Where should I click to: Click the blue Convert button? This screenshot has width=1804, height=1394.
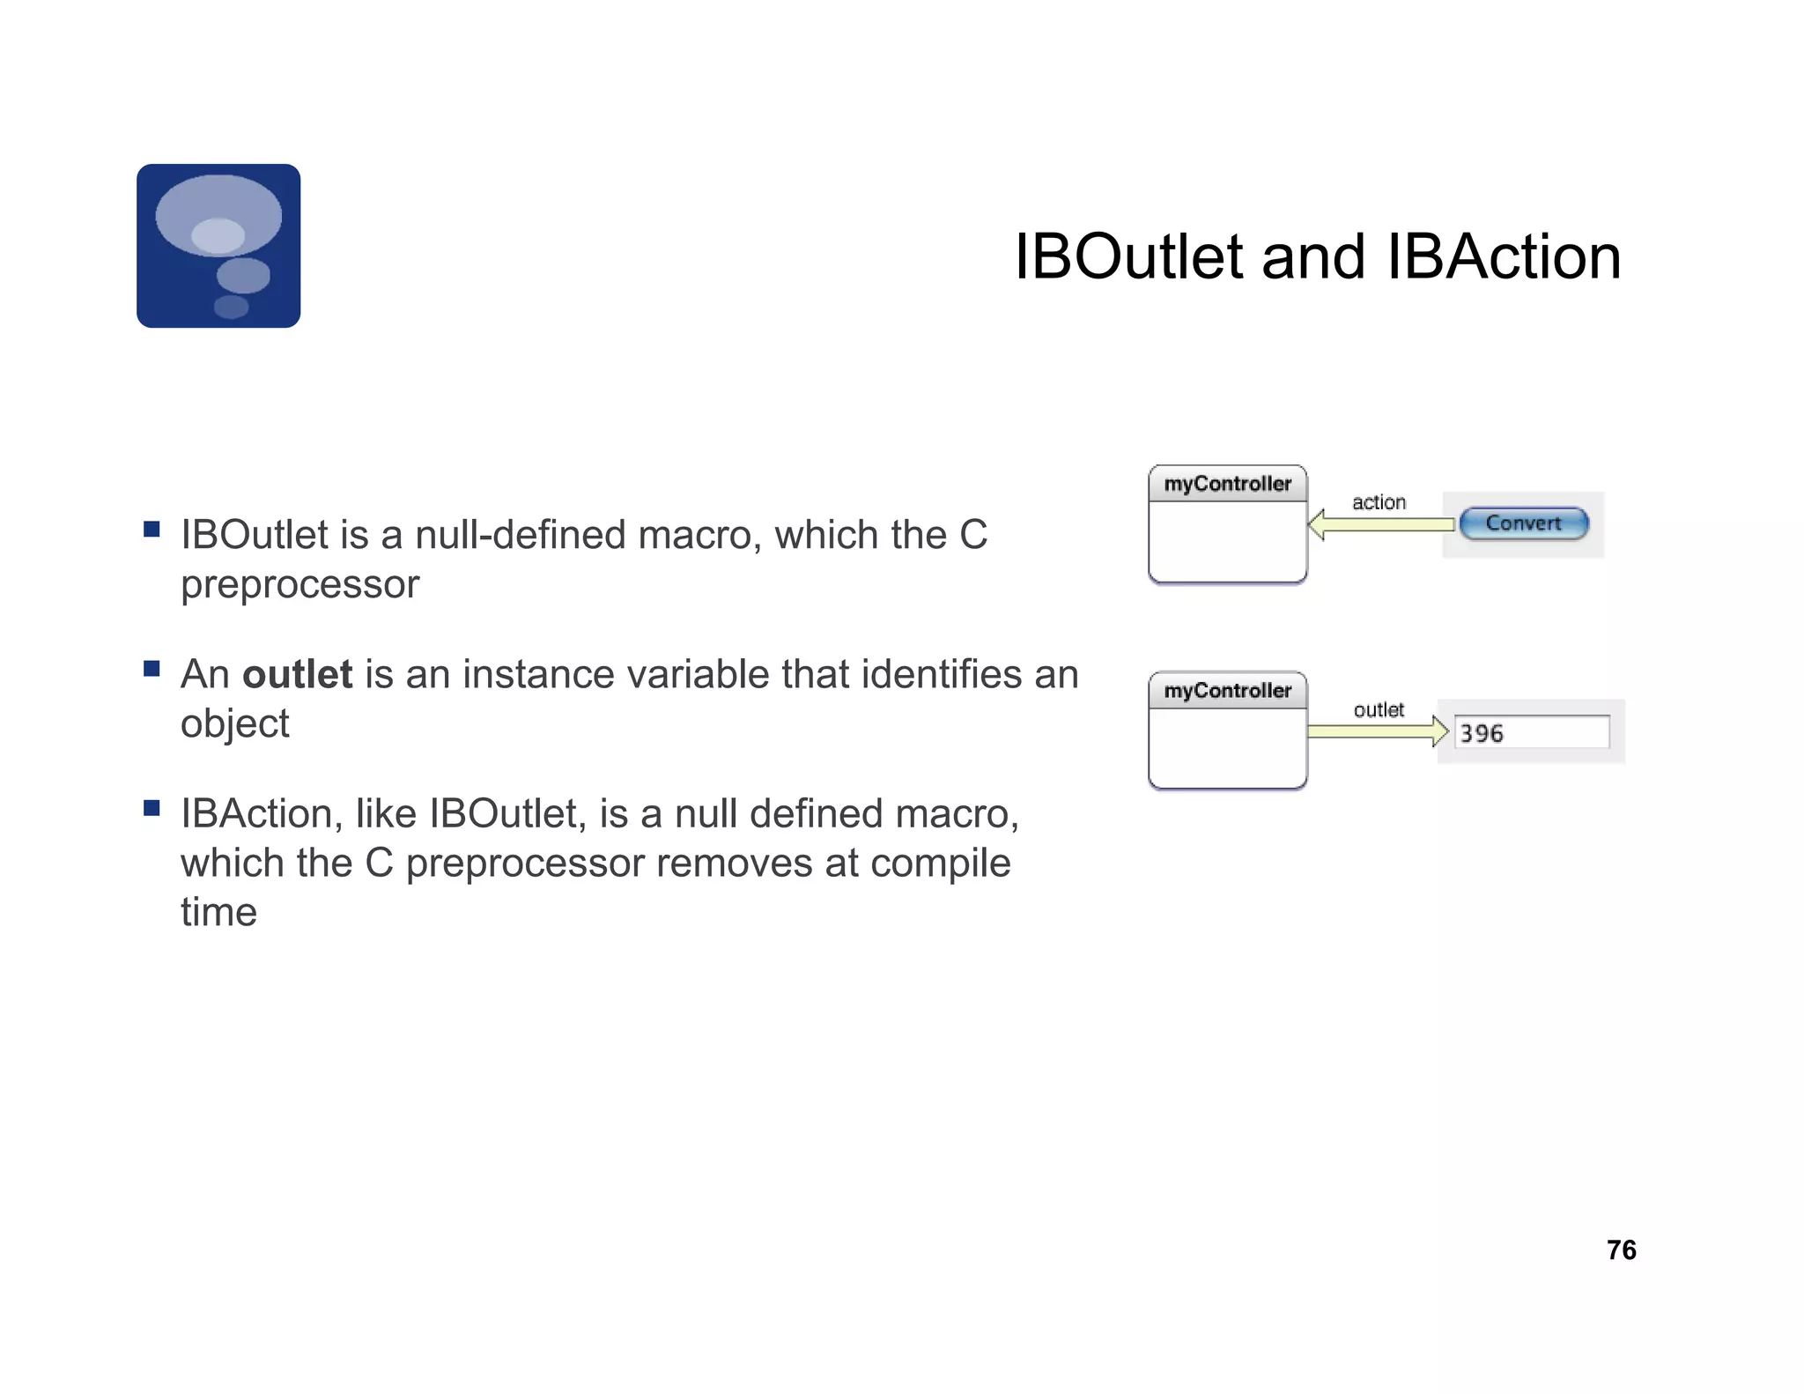click(x=1523, y=523)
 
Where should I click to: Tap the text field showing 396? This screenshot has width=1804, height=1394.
click(x=1531, y=732)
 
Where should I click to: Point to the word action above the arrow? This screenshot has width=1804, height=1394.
click(x=1379, y=502)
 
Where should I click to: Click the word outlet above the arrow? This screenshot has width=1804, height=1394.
click(x=1379, y=710)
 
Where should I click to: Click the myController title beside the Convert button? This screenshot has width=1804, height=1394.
click(x=1227, y=484)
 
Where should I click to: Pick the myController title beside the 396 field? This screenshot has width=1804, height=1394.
click(x=1227, y=691)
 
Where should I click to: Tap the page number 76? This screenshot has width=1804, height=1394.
click(x=1621, y=1249)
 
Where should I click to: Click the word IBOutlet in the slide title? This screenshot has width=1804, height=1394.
click(x=1128, y=257)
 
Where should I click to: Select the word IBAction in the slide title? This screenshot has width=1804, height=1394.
click(x=1503, y=257)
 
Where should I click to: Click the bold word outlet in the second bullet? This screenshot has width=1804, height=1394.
click(x=297, y=674)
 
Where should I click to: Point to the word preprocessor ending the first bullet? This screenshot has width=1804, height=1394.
click(x=299, y=585)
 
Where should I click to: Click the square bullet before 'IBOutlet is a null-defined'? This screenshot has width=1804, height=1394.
click(x=152, y=529)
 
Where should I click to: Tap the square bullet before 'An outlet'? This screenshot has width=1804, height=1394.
click(x=152, y=669)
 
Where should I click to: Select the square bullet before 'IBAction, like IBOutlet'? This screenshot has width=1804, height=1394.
click(x=152, y=808)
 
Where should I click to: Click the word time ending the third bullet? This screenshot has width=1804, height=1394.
click(x=218, y=912)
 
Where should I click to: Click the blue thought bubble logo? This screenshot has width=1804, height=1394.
click(x=218, y=246)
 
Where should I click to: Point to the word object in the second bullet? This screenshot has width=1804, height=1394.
click(x=234, y=724)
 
